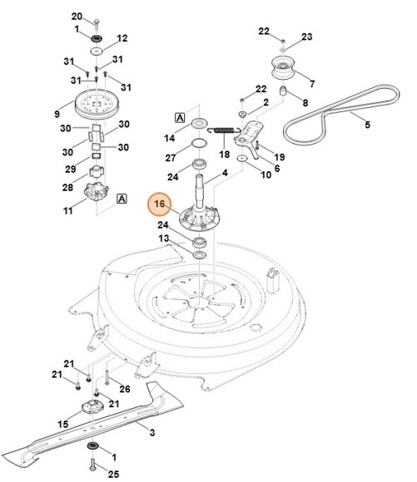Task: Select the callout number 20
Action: [x=77, y=17]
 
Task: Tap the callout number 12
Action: [x=122, y=37]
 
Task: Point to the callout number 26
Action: [x=125, y=389]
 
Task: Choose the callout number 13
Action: [x=164, y=239]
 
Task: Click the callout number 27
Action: [x=170, y=158]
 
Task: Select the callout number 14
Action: [x=170, y=137]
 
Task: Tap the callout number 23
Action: [x=307, y=37]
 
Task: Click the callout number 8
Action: [x=305, y=102]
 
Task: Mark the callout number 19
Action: [x=280, y=157]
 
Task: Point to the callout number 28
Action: [x=69, y=188]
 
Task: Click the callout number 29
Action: [x=69, y=169]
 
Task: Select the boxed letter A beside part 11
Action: [x=122, y=199]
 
